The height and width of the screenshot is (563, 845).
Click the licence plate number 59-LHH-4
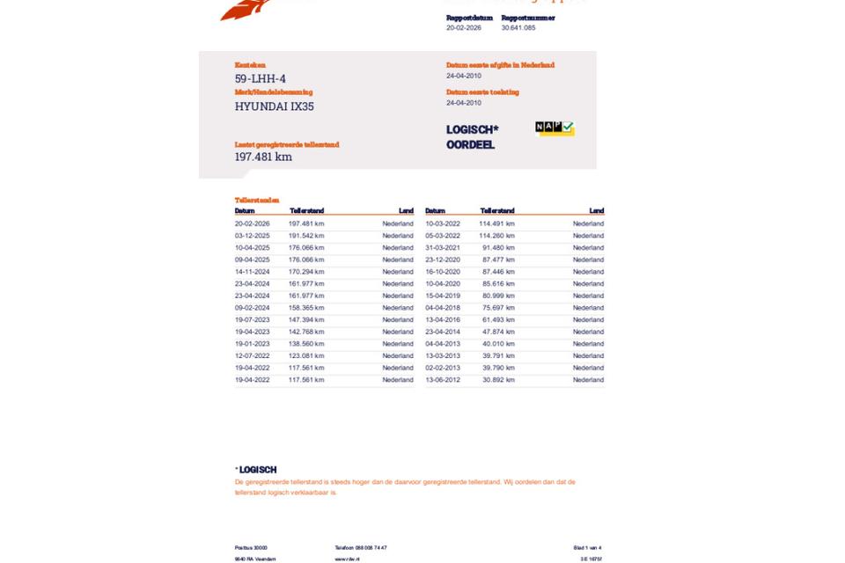260,78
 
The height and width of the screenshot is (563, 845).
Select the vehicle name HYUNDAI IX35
274,106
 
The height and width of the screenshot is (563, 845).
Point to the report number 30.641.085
518,28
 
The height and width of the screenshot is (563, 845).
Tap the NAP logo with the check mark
555,128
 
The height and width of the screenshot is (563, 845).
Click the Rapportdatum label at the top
469,18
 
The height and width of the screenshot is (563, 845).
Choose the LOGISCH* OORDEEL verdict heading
472,137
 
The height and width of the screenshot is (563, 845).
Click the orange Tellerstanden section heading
256,200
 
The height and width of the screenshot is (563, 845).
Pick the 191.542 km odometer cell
306,236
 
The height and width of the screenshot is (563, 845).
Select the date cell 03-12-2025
252,236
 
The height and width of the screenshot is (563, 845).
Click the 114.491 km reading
496,223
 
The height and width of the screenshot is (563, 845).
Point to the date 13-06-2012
442,380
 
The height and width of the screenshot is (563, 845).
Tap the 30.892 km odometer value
498,380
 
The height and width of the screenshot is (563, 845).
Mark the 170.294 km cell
306,272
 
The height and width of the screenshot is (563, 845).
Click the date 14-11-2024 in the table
252,272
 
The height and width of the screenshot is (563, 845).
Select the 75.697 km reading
498,308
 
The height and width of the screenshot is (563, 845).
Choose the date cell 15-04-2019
442,296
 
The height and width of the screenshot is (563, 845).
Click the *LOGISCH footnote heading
255,470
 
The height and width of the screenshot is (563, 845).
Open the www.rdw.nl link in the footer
347,559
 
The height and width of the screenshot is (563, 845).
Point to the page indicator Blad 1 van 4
587,548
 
